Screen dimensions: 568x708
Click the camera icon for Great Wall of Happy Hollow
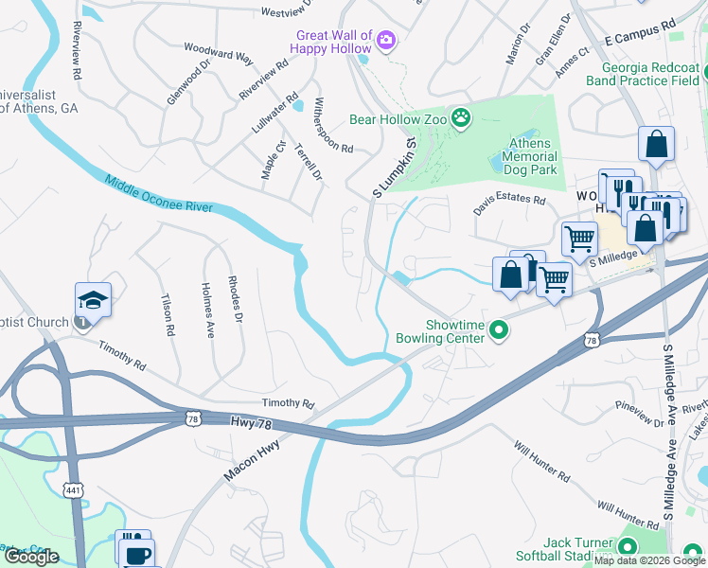(x=386, y=40)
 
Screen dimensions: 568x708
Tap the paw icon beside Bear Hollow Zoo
(x=461, y=118)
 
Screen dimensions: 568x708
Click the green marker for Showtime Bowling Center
(x=501, y=331)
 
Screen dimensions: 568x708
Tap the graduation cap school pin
(x=94, y=300)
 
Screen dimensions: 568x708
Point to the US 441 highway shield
(x=73, y=488)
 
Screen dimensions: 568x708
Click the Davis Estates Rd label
(x=510, y=200)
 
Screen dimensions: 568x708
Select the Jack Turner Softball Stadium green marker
(x=628, y=546)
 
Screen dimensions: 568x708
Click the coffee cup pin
(x=138, y=553)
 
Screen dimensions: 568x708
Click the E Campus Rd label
(x=639, y=32)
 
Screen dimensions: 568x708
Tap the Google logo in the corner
(x=31, y=557)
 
